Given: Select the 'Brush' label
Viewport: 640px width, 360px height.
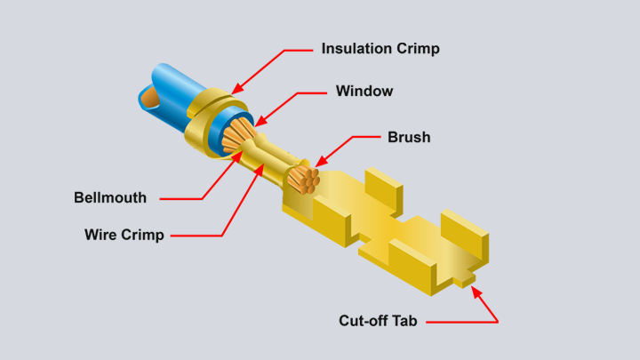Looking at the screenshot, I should [x=409, y=137].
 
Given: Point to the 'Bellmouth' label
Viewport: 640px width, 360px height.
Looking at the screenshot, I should [x=110, y=197].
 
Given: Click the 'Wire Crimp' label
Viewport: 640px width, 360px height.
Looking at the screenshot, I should [x=124, y=236].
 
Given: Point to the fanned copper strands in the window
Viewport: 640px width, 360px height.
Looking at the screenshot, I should [x=238, y=135].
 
